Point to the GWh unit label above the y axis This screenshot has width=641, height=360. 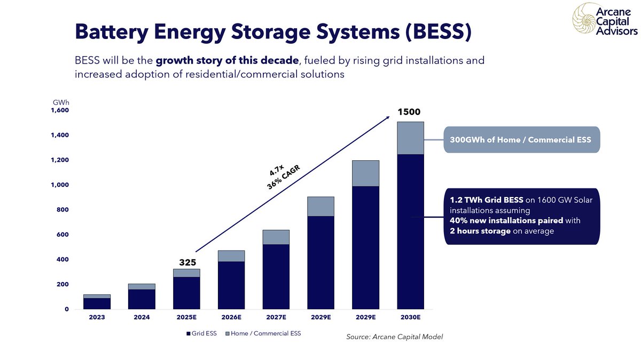pyautogui.click(x=60, y=102)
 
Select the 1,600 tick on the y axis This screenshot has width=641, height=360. pyautogui.click(x=60, y=111)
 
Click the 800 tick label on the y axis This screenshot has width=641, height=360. pyautogui.click(x=62, y=210)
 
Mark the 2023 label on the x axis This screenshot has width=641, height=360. pyautogui.click(x=97, y=317)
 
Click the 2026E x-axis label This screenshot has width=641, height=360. pyautogui.click(x=231, y=317)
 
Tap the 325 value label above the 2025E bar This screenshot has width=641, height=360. pyautogui.click(x=187, y=262)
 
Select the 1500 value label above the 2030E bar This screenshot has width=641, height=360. pyautogui.click(x=410, y=112)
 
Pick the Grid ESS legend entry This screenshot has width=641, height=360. pyautogui.click(x=201, y=334)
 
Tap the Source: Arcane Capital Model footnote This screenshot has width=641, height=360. pyautogui.click(x=395, y=336)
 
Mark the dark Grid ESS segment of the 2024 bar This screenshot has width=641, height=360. pyautogui.click(x=142, y=299)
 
